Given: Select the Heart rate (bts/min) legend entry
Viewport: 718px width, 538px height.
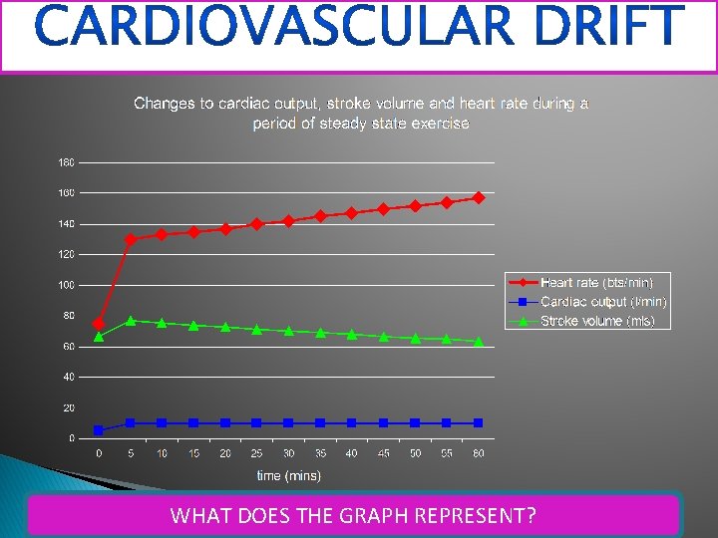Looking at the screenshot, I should pyautogui.click(x=596, y=283).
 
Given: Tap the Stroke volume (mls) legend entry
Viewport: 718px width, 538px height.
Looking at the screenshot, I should pyautogui.click(x=597, y=321).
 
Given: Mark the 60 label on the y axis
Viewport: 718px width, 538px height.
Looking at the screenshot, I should pyautogui.click(x=67, y=347).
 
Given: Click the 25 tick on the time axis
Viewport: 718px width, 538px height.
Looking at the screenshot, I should pyautogui.click(x=256, y=453).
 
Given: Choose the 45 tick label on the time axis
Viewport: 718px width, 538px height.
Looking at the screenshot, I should pyautogui.click(x=383, y=453).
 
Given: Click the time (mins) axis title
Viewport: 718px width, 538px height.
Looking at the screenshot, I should pyautogui.click(x=288, y=475).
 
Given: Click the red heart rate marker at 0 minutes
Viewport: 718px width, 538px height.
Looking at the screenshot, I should pyautogui.click(x=99, y=324).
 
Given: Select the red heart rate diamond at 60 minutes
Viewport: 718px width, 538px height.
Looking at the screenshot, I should pyautogui.click(x=479, y=197).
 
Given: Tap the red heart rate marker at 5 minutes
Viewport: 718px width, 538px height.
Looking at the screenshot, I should pyautogui.click(x=131, y=239).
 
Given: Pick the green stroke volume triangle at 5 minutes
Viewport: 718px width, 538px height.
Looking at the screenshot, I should pyautogui.click(x=131, y=320).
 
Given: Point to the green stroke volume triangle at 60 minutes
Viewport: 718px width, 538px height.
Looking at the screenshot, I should pyautogui.click(x=479, y=341).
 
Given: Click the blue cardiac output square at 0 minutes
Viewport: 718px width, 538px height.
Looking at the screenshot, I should pyautogui.click(x=99, y=430).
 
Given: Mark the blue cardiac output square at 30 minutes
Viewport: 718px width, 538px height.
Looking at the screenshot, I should pyautogui.click(x=288, y=423).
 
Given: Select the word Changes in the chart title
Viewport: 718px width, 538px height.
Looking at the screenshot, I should pyautogui.click(x=165, y=104).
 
